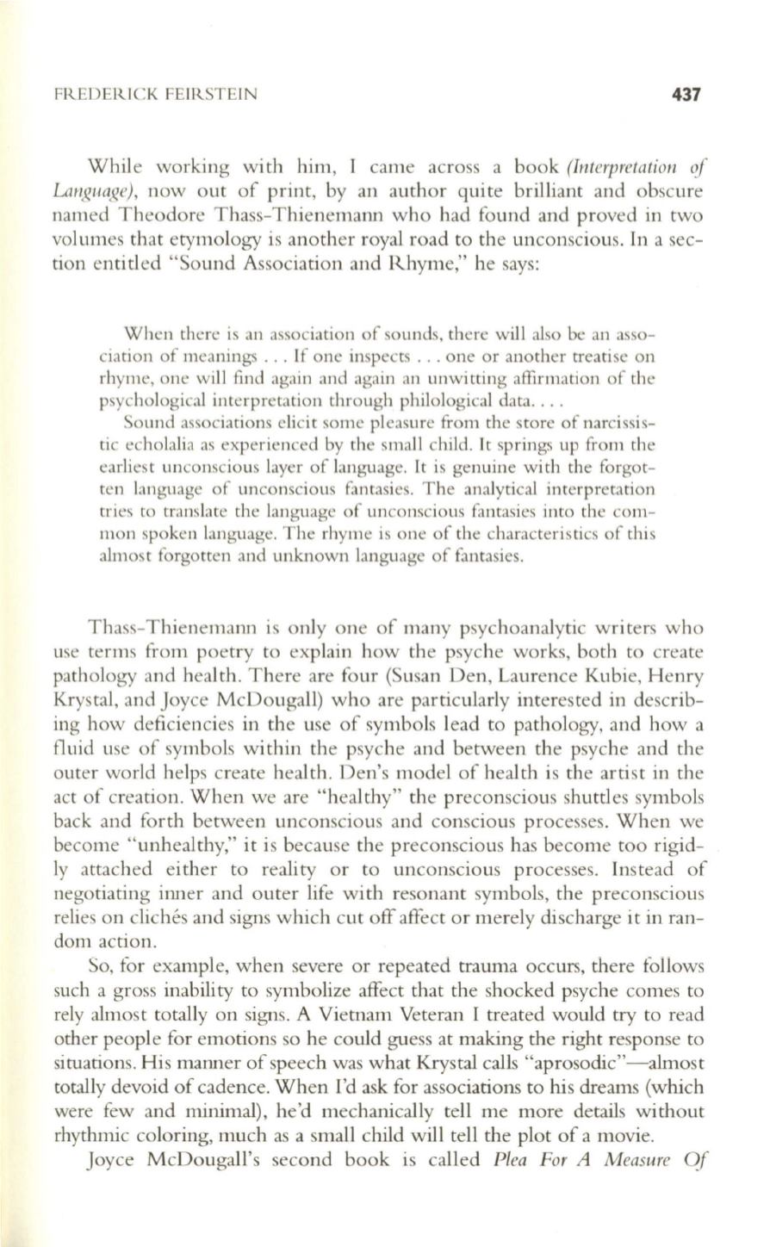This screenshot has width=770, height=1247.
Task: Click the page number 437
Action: (x=686, y=95)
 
